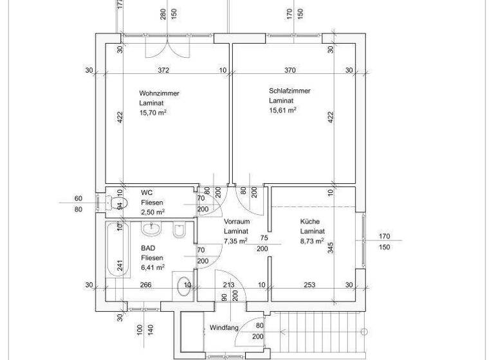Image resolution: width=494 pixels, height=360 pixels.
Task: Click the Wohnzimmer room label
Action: point(159,93)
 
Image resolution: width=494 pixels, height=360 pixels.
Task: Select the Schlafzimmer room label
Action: point(289,91)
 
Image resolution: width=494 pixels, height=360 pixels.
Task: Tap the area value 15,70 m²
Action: point(153,113)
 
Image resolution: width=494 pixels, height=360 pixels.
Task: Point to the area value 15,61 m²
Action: point(282,111)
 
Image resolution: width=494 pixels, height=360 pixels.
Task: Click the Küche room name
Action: point(309,222)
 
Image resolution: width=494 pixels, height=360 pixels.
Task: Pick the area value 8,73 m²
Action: point(313,241)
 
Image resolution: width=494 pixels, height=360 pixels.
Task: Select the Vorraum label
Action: point(236,222)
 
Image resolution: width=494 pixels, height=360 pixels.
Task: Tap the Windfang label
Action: point(224,328)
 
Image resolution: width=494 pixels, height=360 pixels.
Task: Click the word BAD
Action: point(148,247)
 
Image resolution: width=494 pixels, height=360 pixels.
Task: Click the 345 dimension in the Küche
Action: point(330,248)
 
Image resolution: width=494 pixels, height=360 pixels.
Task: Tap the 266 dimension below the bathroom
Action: point(146,285)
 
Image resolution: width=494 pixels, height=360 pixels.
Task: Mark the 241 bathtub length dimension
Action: point(120,264)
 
